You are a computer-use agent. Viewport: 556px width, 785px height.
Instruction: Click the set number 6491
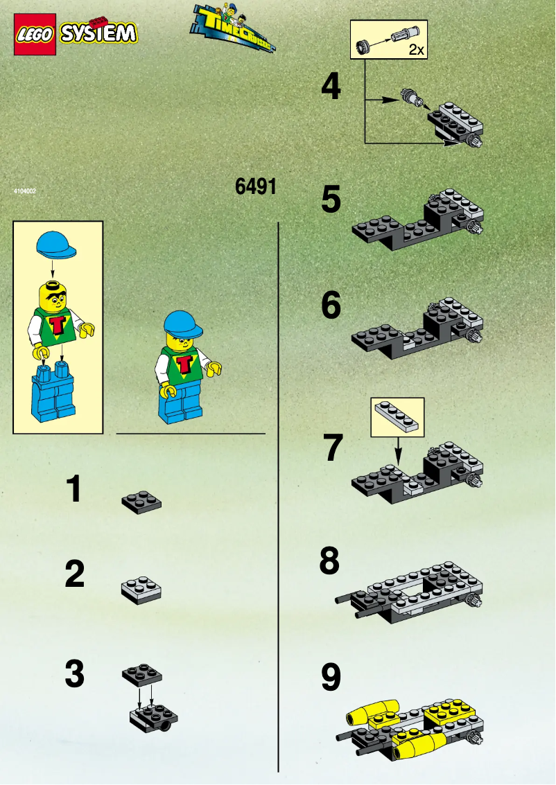point(256,187)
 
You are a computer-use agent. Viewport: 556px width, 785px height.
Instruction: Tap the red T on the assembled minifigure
point(184,364)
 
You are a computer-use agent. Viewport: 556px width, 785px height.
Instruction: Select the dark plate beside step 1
point(141,501)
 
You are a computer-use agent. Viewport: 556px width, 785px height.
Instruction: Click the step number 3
point(74,673)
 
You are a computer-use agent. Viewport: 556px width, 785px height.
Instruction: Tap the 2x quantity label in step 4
point(415,49)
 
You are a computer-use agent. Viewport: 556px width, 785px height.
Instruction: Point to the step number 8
point(330,562)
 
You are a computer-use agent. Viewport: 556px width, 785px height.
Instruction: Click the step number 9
point(331,678)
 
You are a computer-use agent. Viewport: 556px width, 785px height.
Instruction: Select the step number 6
point(331,305)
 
